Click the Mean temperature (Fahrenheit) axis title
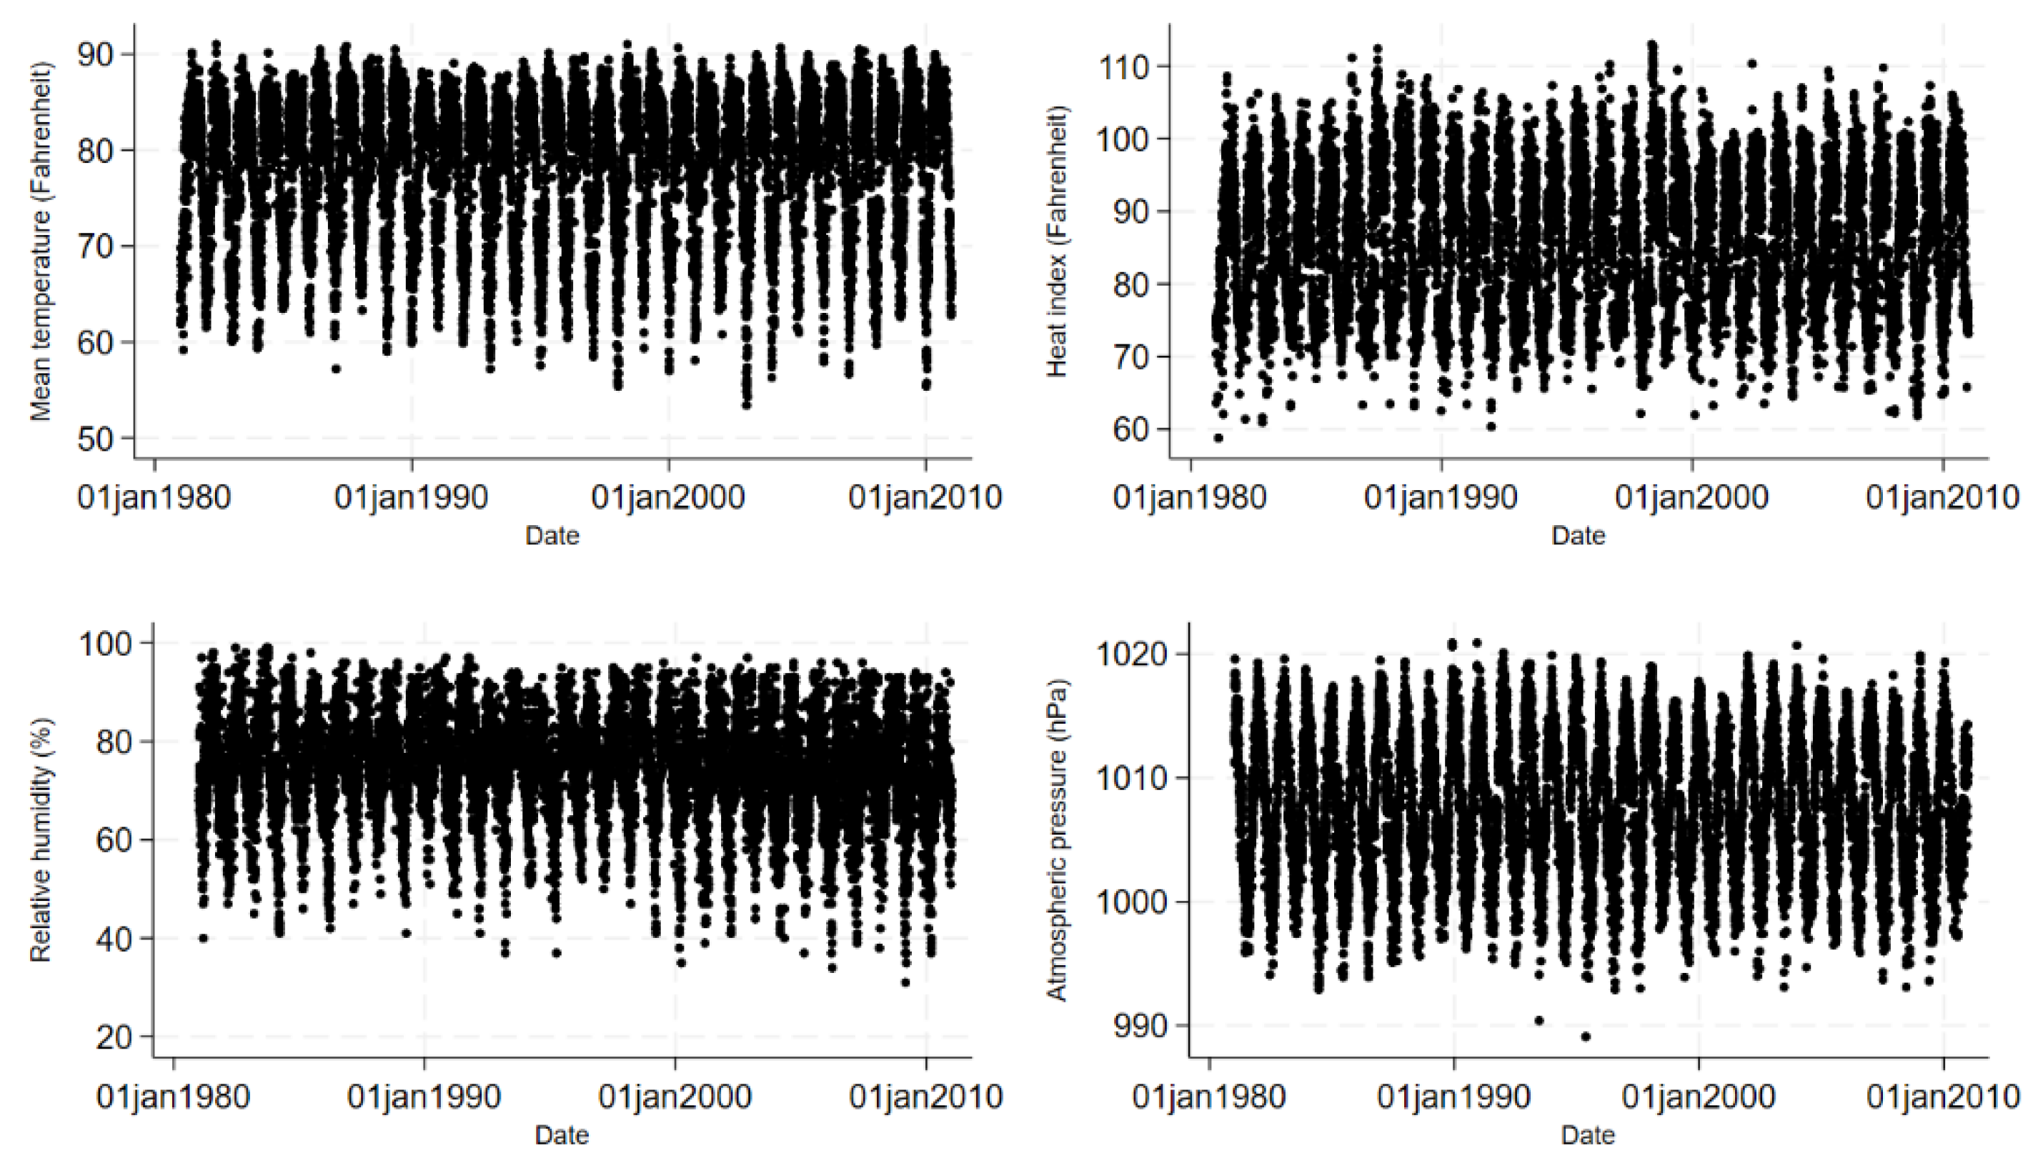(x=41, y=241)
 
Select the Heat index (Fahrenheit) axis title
(x=1056, y=241)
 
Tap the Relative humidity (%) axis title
(x=41, y=839)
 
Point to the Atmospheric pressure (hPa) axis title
(x=1056, y=839)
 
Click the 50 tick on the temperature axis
(x=95, y=439)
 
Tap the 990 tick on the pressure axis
(x=1141, y=1025)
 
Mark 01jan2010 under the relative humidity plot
(x=926, y=1097)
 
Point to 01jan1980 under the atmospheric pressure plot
(x=1208, y=1097)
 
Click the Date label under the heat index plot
(x=1578, y=535)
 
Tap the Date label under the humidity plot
(x=562, y=1134)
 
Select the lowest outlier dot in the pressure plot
(x=1586, y=1037)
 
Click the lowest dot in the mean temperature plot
(x=746, y=405)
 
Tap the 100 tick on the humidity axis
(x=104, y=643)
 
